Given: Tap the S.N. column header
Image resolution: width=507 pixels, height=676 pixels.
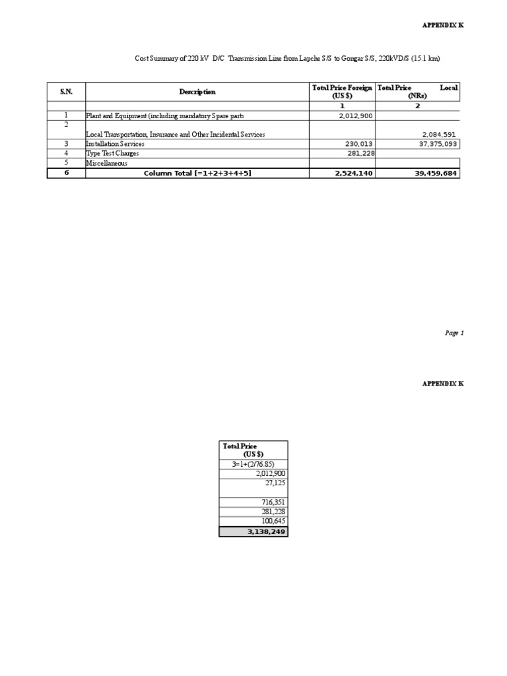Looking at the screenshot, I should pos(66,92).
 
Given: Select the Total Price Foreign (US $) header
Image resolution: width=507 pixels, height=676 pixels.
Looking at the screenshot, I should pos(342,91).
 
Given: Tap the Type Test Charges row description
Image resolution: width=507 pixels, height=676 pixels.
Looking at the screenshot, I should pos(112,153).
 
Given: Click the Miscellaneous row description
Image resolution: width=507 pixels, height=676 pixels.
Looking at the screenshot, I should pos(107,163).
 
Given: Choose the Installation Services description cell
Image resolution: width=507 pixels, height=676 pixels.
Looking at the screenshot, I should pos(115,143).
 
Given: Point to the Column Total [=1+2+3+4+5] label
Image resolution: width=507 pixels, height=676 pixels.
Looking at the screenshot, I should pos(197,173).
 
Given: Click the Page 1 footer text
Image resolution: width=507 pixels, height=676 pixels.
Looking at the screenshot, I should pos(454,333).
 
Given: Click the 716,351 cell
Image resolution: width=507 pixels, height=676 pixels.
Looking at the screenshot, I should pos(273,502).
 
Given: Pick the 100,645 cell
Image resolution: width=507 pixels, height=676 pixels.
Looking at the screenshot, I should pos(273,521).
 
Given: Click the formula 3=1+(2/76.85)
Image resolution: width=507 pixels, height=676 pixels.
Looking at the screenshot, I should pos(253,464).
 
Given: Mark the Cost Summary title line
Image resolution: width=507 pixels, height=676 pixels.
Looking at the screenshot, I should pos(287,59).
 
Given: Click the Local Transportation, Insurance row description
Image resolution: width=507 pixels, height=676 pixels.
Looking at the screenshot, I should pos(175,134).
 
